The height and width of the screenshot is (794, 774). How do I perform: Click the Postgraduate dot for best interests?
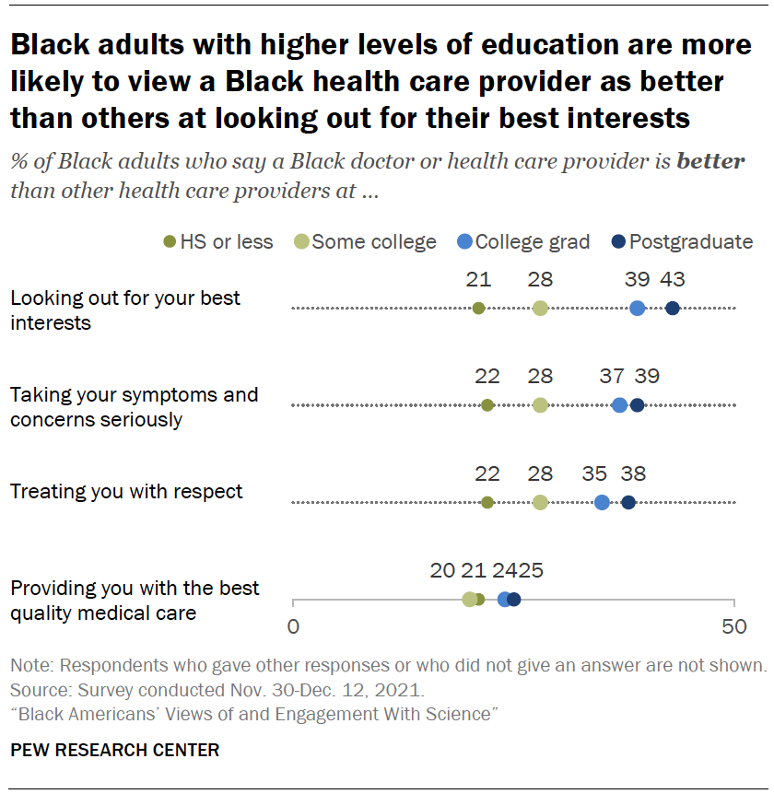pos(673,309)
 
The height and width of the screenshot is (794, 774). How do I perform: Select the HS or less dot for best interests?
pos(478,309)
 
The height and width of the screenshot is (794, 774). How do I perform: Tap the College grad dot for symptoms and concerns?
pos(619,405)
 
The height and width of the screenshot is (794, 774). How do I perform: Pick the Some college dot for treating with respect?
pos(540,502)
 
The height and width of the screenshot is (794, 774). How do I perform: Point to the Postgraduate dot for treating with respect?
pos(628,502)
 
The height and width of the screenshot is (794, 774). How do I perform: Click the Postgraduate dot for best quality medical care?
pos(514,600)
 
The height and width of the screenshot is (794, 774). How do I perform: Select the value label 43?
pos(673,280)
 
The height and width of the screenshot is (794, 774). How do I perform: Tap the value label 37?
pos(611,376)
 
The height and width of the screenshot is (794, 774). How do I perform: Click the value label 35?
pos(594,473)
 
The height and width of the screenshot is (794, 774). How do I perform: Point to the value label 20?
pos(443,570)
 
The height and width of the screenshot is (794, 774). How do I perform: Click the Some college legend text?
pos(374,242)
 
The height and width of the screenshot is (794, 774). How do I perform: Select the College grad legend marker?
pos(464,242)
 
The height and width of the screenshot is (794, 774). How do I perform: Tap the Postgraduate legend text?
pos(691,242)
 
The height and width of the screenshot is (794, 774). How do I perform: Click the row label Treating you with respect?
pos(126,491)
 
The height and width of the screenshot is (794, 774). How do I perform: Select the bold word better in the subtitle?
pos(709,161)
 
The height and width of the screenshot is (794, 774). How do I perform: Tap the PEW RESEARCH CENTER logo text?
pos(115,750)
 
